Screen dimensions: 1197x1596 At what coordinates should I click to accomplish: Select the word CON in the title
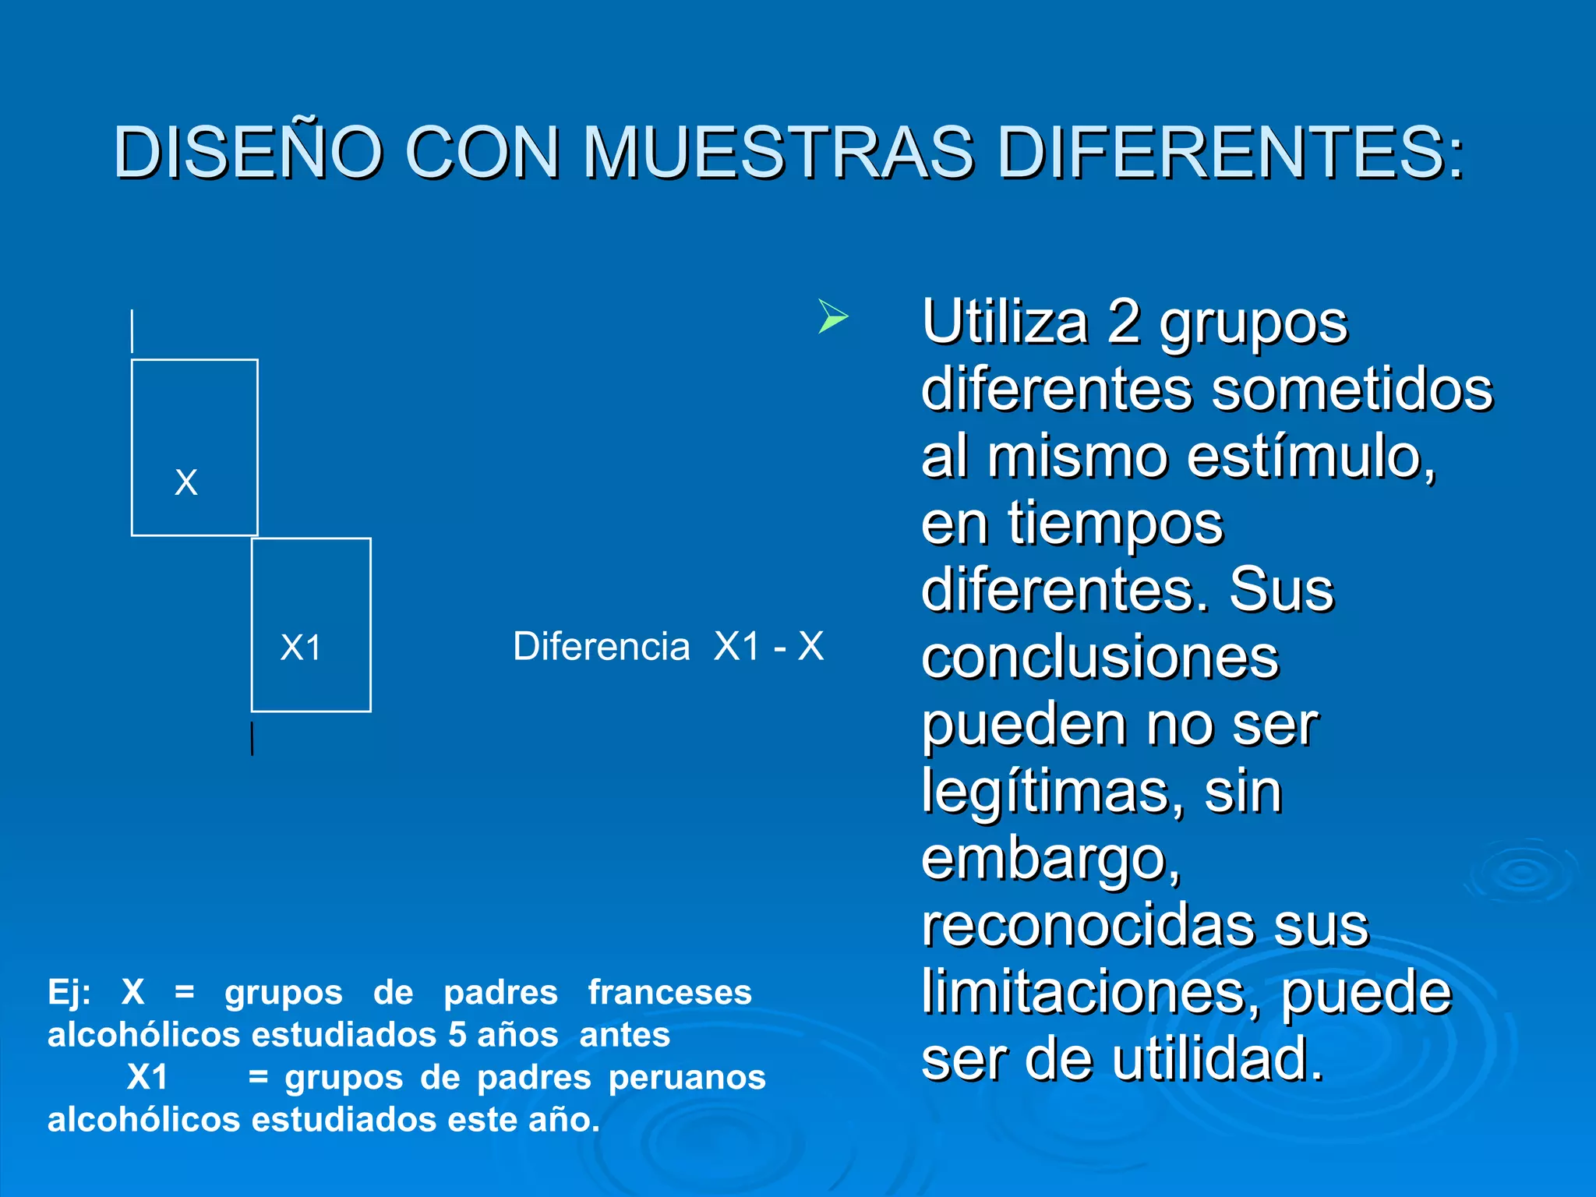[x=482, y=152]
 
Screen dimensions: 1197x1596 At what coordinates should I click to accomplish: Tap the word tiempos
[x=1115, y=524]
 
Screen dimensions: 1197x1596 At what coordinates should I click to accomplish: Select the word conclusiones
[x=1100, y=658]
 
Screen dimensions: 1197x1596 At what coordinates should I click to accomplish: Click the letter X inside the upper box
[x=186, y=482]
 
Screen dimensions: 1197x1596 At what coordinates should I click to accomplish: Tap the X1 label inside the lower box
[x=301, y=648]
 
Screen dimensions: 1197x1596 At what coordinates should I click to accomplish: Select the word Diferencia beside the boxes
[x=601, y=647]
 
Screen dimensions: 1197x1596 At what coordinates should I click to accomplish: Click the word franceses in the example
[x=669, y=993]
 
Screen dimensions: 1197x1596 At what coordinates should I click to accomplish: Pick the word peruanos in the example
[x=687, y=1078]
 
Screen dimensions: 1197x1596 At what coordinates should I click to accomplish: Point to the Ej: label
[x=69, y=993]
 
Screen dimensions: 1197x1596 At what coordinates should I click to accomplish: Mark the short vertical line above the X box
[x=132, y=331]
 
